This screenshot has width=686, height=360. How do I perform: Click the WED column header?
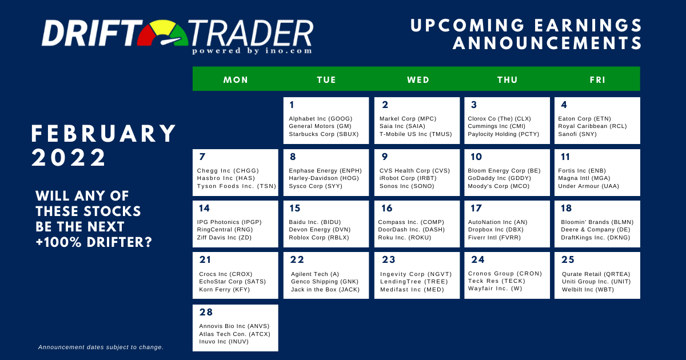pyautogui.click(x=418, y=80)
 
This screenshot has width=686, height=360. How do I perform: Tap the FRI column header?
pyautogui.click(x=597, y=80)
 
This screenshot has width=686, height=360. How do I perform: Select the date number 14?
pyautogui.click(x=204, y=208)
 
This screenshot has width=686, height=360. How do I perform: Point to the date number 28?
pyautogui.click(x=206, y=312)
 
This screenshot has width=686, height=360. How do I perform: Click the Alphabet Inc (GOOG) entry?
pyautogui.click(x=321, y=119)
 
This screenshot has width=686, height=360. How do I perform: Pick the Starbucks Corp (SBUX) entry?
pyautogui.click(x=324, y=134)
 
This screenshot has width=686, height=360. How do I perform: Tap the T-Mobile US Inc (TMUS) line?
pyautogui.click(x=416, y=134)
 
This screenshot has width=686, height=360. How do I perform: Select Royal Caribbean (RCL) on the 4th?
pyautogui.click(x=593, y=126)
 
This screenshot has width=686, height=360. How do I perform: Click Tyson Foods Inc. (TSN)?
pyautogui.click(x=237, y=186)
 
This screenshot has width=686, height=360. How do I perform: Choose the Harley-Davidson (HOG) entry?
pyautogui.click(x=324, y=178)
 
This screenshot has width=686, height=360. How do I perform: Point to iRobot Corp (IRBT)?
pyautogui.click(x=408, y=178)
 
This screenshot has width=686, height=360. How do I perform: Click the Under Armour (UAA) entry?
pyautogui.click(x=589, y=186)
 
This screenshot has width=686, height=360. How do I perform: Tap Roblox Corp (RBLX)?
pyautogui.click(x=319, y=238)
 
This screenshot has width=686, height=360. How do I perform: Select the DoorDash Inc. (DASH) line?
pyautogui.click(x=411, y=230)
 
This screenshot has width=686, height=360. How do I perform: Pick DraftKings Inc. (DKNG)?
pyautogui.click(x=596, y=238)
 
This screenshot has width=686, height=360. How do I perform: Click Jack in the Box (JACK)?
pyautogui.click(x=325, y=290)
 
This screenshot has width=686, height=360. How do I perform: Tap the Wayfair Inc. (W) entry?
pyautogui.click(x=495, y=289)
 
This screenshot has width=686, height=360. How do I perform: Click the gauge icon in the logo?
pyautogui.click(x=162, y=33)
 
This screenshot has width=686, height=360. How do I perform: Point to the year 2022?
pyautogui.click(x=69, y=158)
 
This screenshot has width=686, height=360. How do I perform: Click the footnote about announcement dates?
pyautogui.click(x=101, y=347)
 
